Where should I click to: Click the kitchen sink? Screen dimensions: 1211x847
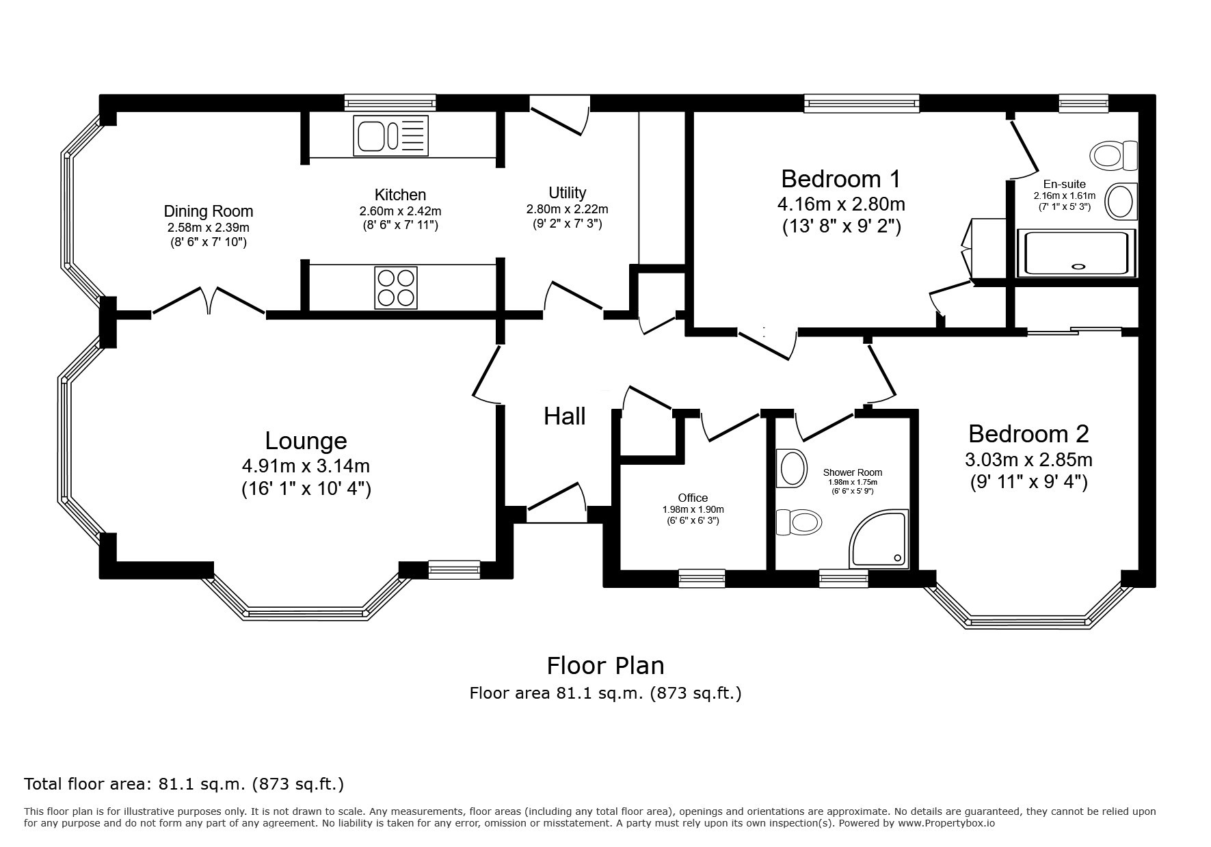[390, 135]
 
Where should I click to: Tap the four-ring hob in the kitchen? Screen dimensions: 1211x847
[396, 287]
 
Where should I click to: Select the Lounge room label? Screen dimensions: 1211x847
[306, 441]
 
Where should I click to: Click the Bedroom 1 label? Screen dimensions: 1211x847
[840, 179]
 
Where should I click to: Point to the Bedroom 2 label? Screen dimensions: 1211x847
[1028, 434]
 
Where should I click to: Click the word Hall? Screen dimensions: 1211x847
[565, 416]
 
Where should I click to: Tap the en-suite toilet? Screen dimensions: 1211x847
[1114, 156]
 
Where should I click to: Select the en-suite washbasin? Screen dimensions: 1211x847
[1121, 202]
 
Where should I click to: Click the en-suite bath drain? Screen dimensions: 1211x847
[1079, 267]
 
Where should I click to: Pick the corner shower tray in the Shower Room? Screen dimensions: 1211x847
[879, 539]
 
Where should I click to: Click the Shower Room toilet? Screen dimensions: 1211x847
[799, 523]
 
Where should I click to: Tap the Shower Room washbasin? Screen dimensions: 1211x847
[790, 468]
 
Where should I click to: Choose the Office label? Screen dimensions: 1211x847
[693, 498]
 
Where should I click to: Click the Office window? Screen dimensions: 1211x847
[702, 578]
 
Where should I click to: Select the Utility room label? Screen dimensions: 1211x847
[567, 193]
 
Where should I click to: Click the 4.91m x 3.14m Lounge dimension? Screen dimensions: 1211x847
[306, 466]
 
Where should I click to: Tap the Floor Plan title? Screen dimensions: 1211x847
[605, 665]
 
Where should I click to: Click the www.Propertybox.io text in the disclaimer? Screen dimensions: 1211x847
[946, 823]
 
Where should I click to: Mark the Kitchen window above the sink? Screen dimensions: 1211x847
[390, 103]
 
